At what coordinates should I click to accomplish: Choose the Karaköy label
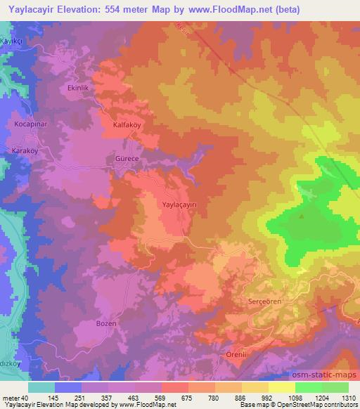pyautogui.click(x=27, y=151)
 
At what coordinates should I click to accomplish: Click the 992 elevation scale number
pyautogui.click(x=266, y=398)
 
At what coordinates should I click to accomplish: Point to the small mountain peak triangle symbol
pyautogui.click(x=303, y=216)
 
